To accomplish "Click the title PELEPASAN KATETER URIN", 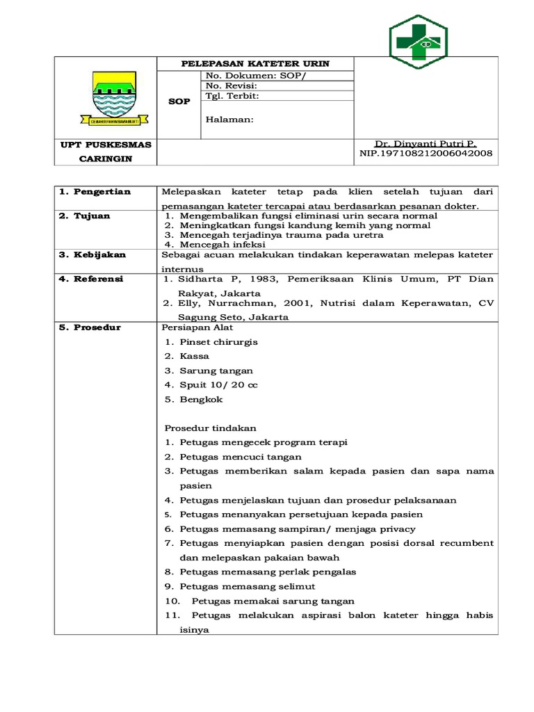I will click(x=255, y=64).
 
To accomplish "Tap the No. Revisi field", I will click(x=232, y=86).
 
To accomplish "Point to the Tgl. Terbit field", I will click(x=233, y=96).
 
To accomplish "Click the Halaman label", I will click(x=229, y=119).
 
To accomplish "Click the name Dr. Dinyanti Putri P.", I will click(x=426, y=143).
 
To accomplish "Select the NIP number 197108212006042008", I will click(x=426, y=153).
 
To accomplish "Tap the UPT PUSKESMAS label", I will click(x=106, y=145).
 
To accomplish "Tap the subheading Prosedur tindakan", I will click(x=211, y=428).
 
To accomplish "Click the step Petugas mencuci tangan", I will click(x=240, y=457).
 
